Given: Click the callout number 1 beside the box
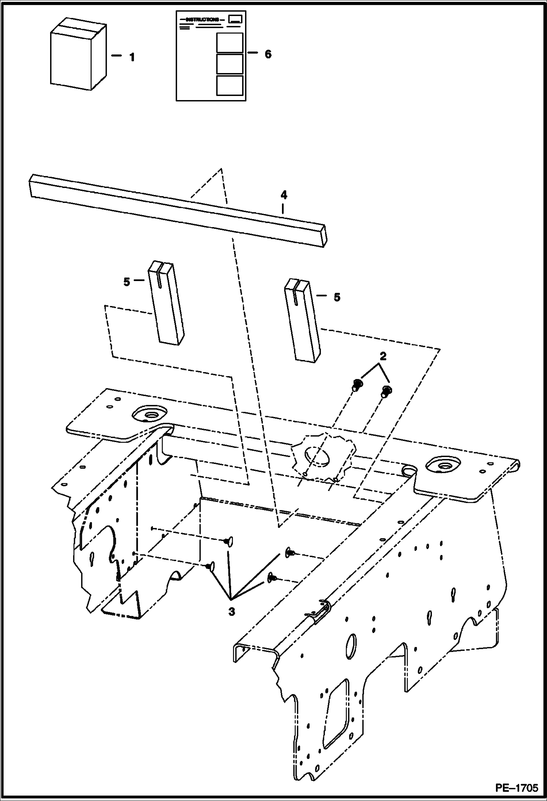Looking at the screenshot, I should click(132, 57).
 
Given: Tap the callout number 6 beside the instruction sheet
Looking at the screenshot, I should click(268, 54).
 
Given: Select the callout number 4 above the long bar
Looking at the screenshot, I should click(284, 195).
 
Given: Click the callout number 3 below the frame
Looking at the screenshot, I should click(232, 612).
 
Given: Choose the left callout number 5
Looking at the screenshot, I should click(127, 282).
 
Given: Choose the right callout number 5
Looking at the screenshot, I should click(337, 297).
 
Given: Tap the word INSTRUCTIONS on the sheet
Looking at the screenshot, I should click(202, 19).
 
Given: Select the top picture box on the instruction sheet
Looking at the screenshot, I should click(229, 43).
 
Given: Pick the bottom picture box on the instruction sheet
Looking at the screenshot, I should click(229, 85).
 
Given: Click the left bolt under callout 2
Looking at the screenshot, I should click(357, 384).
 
